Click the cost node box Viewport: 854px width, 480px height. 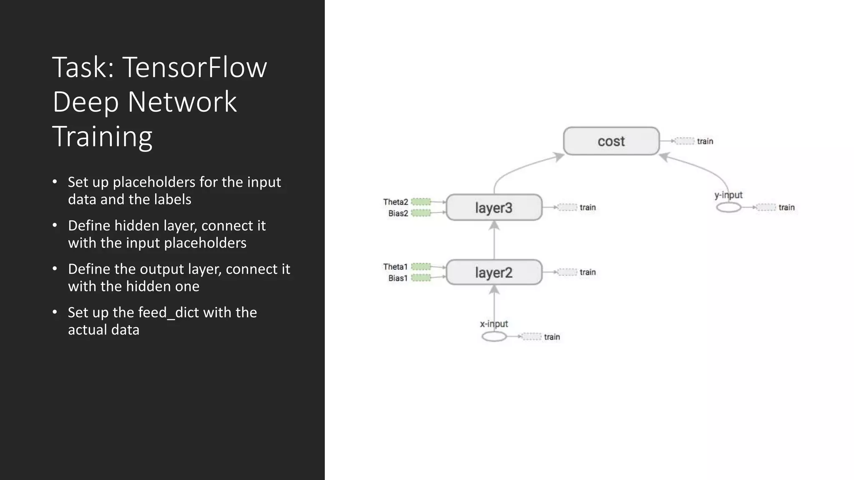pos(611,141)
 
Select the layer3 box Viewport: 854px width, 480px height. pos(494,207)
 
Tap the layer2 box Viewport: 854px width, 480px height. pos(494,272)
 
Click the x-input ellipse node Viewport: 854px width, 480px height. pos(494,337)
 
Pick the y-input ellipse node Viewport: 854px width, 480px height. pos(728,207)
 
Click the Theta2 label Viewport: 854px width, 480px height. pos(395,202)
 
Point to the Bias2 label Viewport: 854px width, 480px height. pos(398,213)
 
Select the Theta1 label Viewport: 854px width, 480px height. pos(395,267)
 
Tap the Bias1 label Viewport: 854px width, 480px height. pos(398,278)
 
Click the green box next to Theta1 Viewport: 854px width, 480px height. pos(421,267)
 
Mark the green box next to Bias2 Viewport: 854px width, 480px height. pos(421,213)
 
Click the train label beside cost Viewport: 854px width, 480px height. pos(705,141)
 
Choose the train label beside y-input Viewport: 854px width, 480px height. pos(786,207)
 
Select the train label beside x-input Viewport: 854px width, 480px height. pos(552,337)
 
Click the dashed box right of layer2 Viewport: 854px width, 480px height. pos(568,272)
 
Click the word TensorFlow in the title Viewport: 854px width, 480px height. pos(194,67)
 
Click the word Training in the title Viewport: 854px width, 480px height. pos(102,136)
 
